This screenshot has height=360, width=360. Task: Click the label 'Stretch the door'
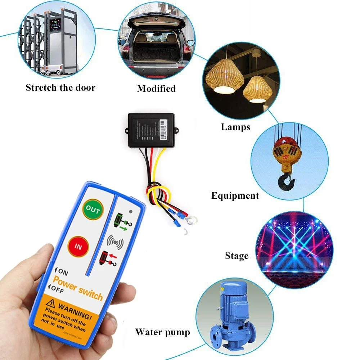pyautogui.click(x=60, y=87)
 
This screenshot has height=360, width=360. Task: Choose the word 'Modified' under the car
pyautogui.click(x=156, y=89)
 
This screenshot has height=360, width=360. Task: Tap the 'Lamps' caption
pyautogui.click(x=235, y=127)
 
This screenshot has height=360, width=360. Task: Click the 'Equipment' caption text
pyautogui.click(x=235, y=196)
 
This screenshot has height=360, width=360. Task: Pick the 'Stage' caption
pyautogui.click(x=237, y=256)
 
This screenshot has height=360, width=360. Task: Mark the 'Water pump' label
pyautogui.click(x=162, y=332)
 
